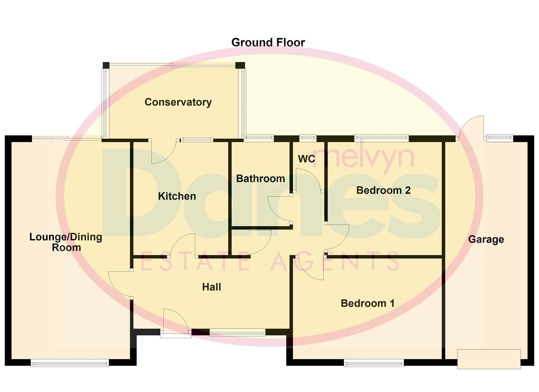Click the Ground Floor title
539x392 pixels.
[268, 42]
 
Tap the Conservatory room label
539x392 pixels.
[178, 102]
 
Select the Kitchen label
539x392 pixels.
[177, 196]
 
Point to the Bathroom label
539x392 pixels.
[260, 179]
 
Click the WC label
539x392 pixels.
[306, 159]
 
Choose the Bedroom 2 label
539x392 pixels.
[383, 190]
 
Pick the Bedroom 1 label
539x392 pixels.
[367, 303]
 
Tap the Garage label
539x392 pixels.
[486, 240]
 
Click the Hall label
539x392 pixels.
[211, 287]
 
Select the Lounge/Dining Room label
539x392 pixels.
[66, 242]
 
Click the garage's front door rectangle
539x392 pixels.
[489, 359]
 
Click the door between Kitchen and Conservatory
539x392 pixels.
[164, 152]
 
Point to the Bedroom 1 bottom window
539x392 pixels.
[373, 363]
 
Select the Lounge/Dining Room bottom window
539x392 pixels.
[70, 363]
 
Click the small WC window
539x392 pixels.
[307, 138]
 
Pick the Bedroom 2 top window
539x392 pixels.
[381, 138]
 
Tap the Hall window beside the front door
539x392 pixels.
[237, 332]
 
